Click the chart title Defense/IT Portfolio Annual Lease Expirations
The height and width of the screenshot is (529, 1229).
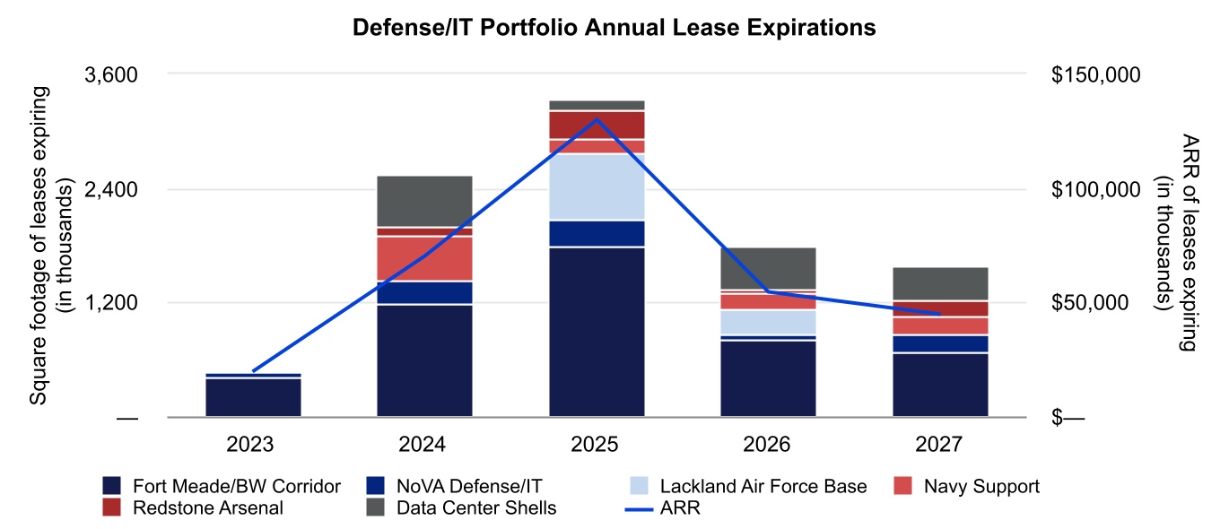(x=614, y=28)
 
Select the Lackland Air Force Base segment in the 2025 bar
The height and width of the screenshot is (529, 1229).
(x=597, y=186)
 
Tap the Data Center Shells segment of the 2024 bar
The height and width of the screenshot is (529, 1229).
(x=425, y=201)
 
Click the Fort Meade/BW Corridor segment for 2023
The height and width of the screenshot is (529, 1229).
(x=253, y=397)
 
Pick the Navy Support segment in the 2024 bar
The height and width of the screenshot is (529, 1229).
(x=425, y=258)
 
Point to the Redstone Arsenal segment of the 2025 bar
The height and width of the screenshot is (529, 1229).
(x=597, y=125)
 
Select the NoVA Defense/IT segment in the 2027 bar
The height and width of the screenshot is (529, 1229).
(x=940, y=344)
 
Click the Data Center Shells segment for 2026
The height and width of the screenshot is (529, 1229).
(x=769, y=268)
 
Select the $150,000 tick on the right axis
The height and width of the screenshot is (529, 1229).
(x=1095, y=74)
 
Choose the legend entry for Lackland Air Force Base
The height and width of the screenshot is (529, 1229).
(x=763, y=486)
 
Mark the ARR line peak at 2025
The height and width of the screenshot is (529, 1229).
(x=597, y=118)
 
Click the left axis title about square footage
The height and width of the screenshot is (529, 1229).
(x=50, y=244)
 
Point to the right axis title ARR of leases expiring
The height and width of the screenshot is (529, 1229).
(x=1176, y=244)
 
